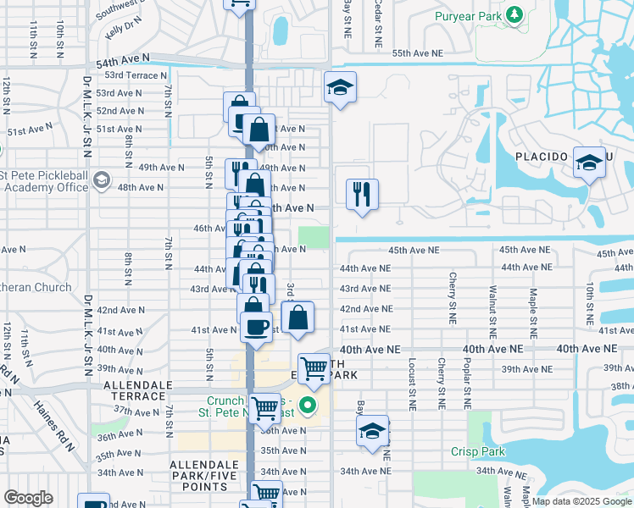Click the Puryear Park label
tap(469, 16)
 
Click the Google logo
tap(28, 498)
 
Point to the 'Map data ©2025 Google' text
tap(581, 501)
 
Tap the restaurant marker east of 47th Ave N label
tap(362, 195)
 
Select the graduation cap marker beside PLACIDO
tap(588, 163)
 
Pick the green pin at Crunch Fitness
tap(309, 405)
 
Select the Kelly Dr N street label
tap(120, 28)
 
